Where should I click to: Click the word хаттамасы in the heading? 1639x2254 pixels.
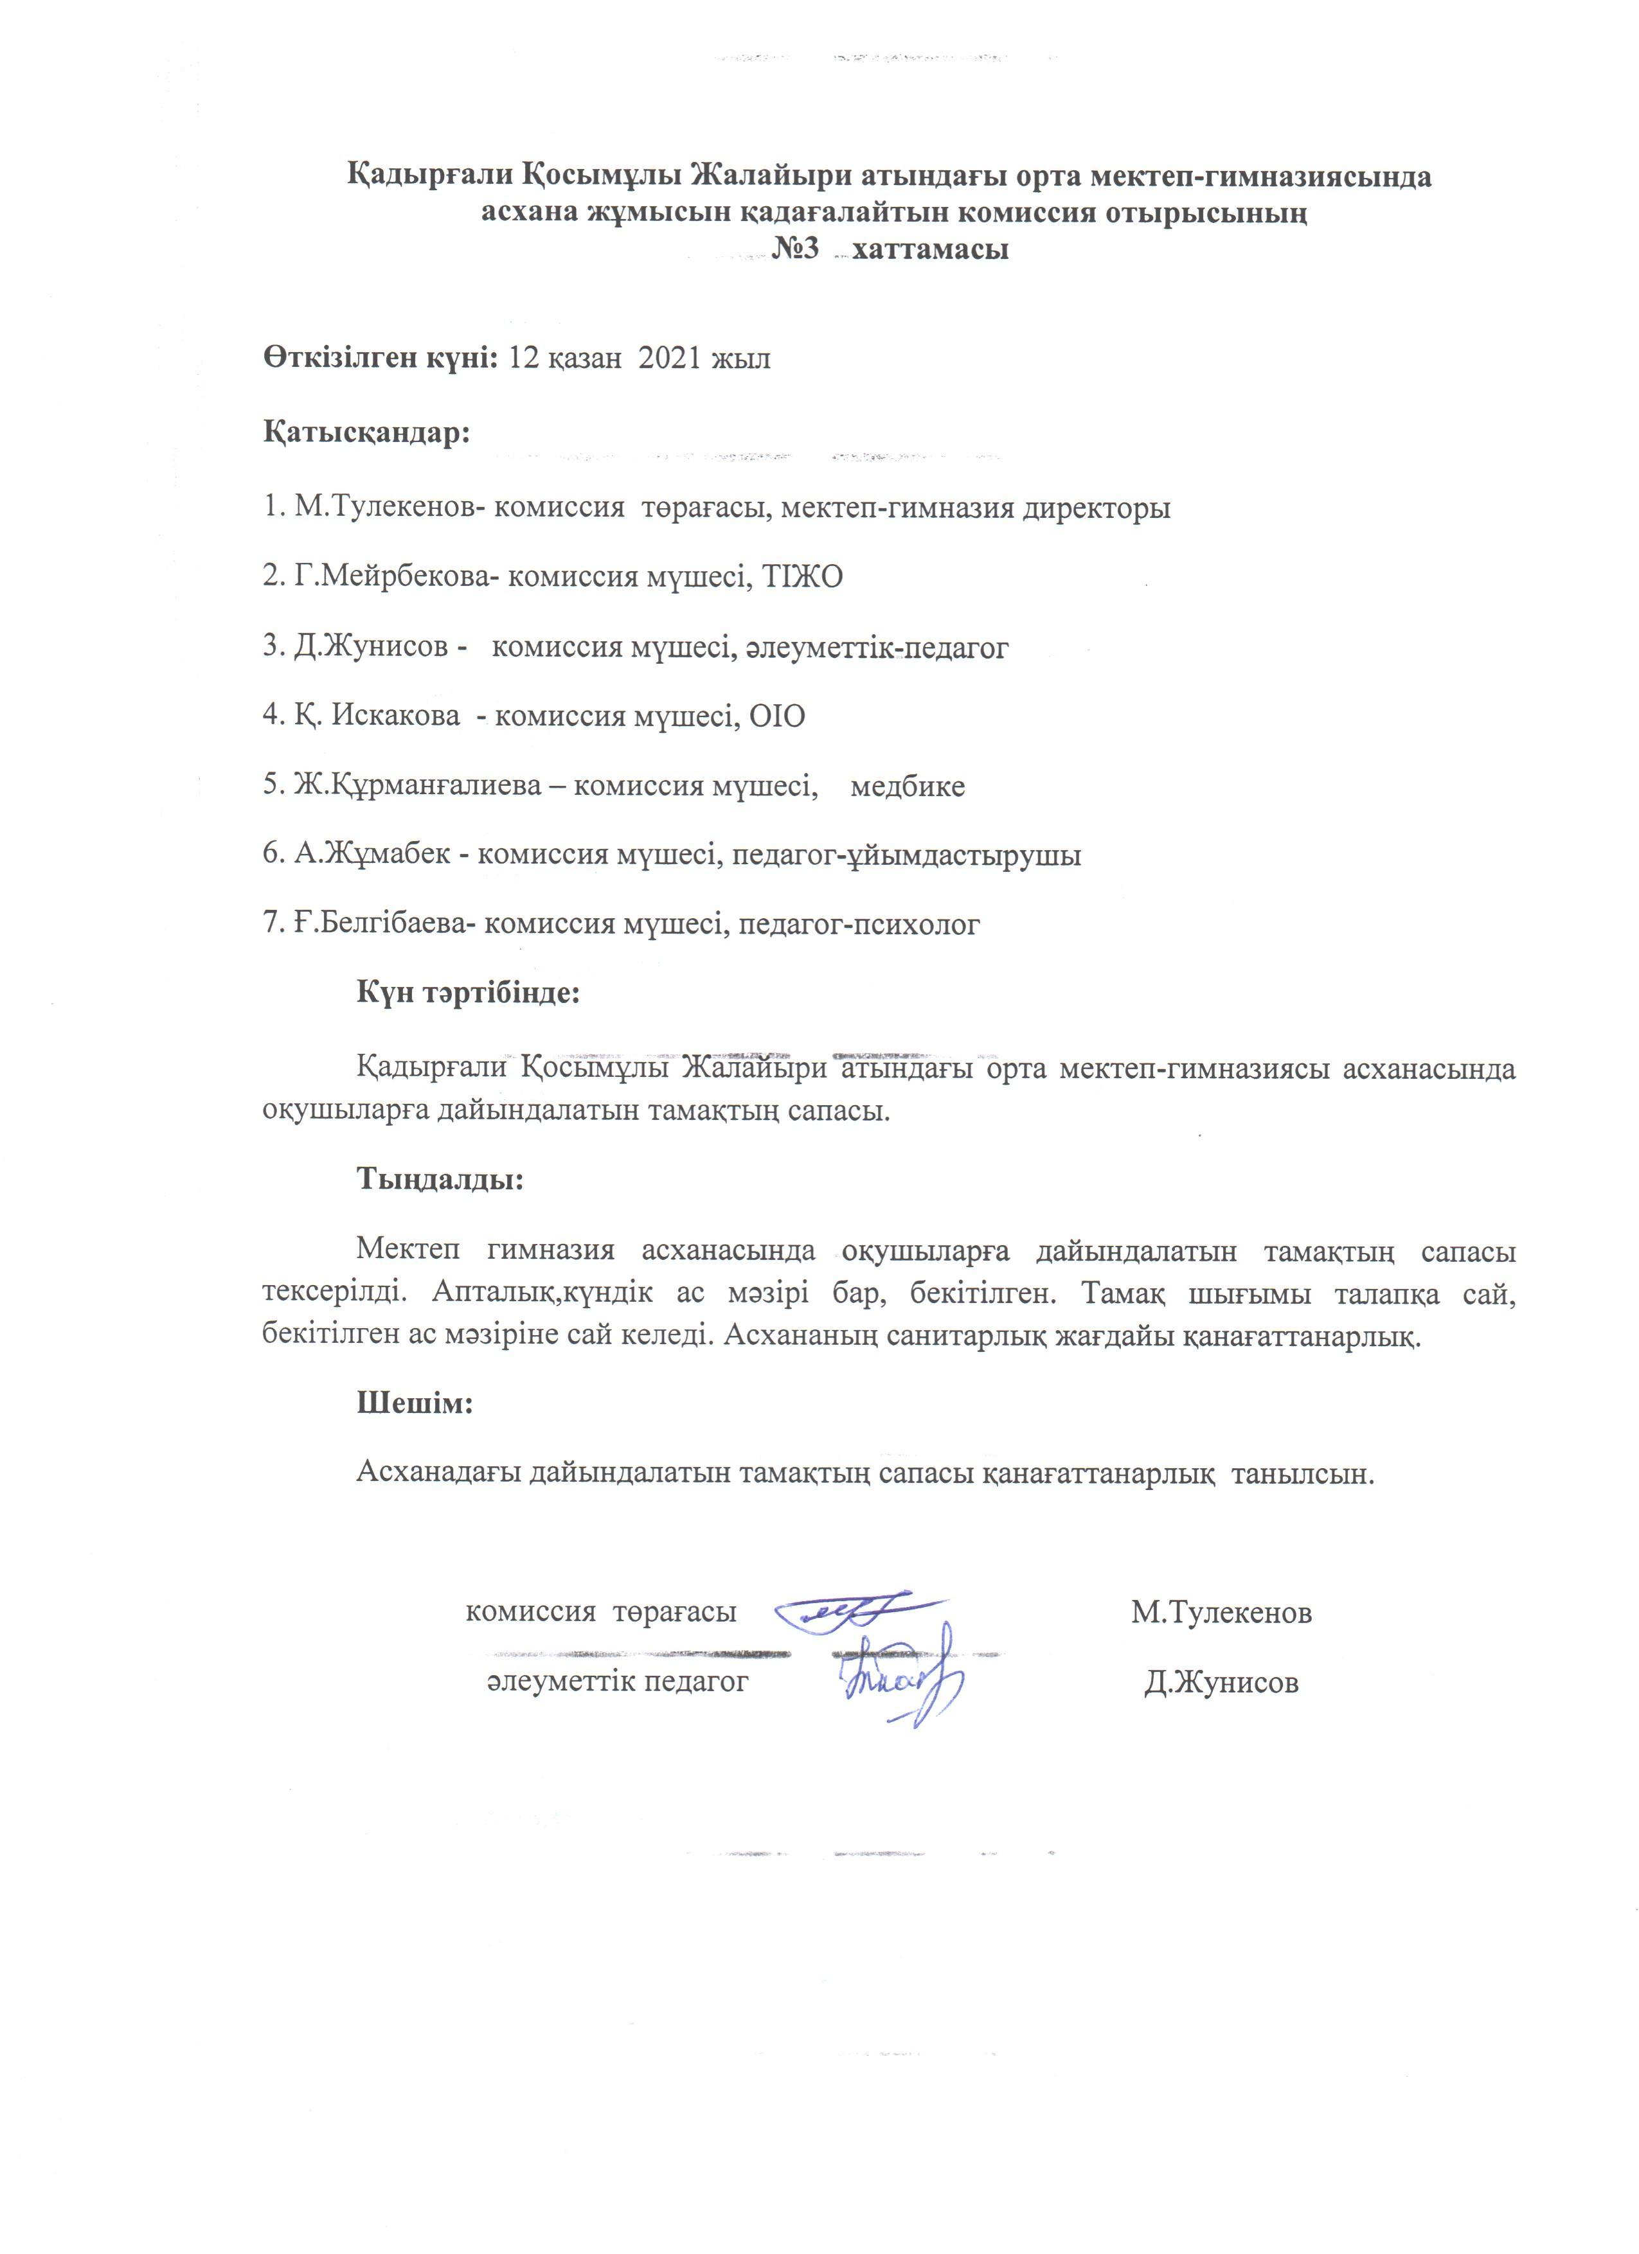pyautogui.click(x=931, y=249)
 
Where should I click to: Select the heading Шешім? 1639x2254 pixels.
pyautogui.click(x=415, y=1403)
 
